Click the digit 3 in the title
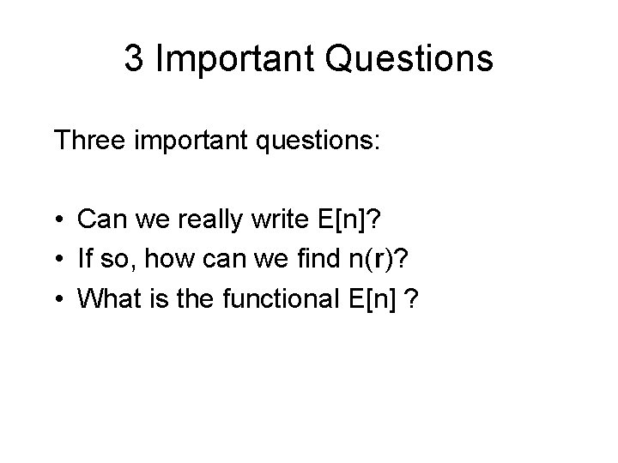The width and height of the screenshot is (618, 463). click(133, 60)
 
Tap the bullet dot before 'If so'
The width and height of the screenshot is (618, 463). click(63, 258)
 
